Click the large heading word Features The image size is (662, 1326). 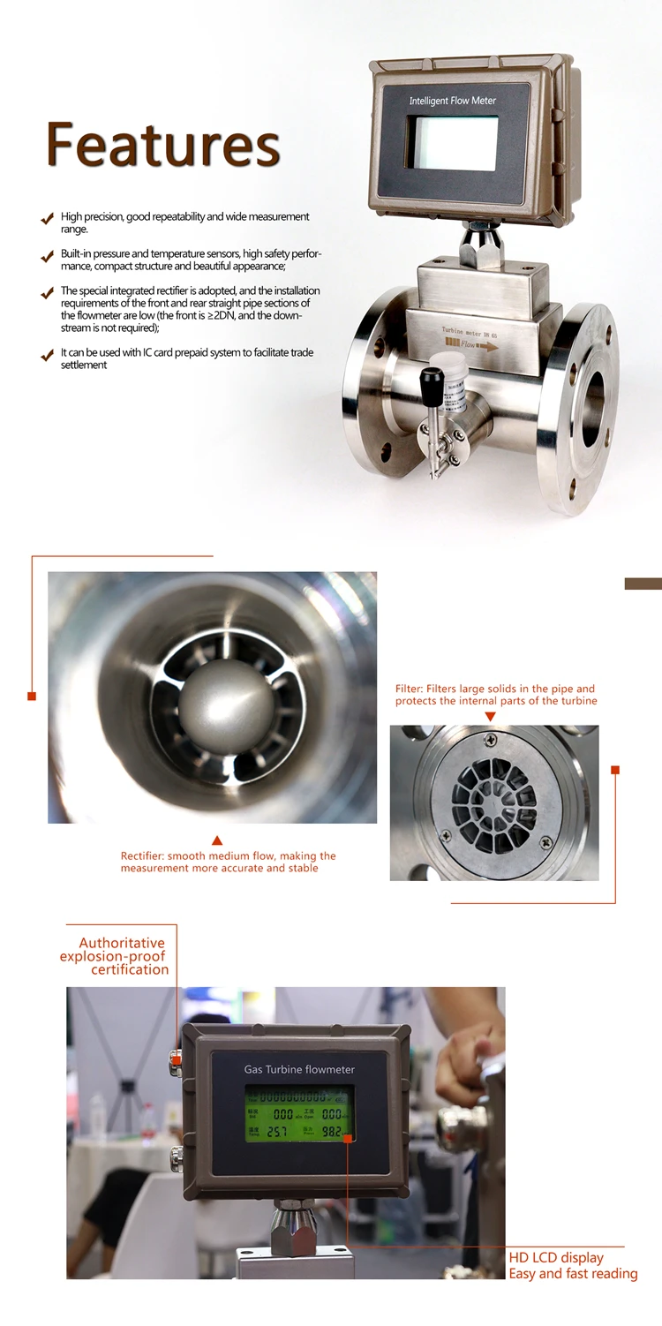tap(163, 145)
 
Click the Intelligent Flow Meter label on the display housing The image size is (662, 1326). tap(452, 101)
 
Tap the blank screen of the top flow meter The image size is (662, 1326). tap(451, 143)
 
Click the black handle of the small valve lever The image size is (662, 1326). tap(431, 382)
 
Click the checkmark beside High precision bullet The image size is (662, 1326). tap(47, 218)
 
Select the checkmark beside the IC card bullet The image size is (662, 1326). tap(47, 355)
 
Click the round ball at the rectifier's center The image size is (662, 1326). tap(226, 706)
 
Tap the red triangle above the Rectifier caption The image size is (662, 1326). tap(217, 840)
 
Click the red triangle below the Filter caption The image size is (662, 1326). tap(490, 717)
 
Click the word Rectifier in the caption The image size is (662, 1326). tap(142, 856)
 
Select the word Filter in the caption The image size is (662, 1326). tap(410, 689)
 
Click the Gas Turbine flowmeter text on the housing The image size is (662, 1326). tap(299, 1069)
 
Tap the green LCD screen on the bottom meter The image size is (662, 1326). tap(299, 1113)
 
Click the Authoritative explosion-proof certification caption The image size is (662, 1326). tap(114, 956)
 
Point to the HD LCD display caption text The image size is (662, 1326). tap(556, 1257)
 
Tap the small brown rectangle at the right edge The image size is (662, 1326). tap(643, 584)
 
